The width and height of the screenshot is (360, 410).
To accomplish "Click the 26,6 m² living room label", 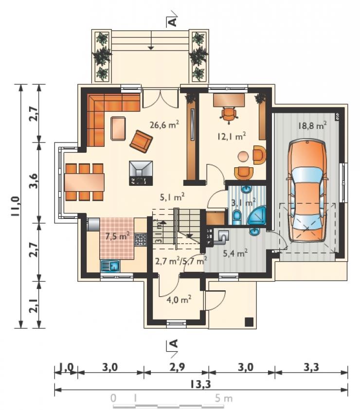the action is click(164, 125).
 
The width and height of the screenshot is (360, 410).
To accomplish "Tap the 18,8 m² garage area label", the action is click(312, 125).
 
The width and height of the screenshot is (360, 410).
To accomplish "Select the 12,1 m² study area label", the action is click(231, 136).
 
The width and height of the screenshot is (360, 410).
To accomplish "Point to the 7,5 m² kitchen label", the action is click(117, 236).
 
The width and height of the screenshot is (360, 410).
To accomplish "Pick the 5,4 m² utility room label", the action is click(235, 253).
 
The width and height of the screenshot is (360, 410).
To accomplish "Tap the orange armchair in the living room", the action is click(141, 141).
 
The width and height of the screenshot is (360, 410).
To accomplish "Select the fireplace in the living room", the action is click(141, 173).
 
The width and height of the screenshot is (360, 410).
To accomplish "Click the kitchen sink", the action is click(110, 266).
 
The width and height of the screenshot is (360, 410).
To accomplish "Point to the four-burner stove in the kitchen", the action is click(141, 239).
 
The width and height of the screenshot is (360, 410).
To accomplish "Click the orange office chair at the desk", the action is click(229, 115).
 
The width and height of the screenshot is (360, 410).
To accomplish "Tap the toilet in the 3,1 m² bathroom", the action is click(237, 217).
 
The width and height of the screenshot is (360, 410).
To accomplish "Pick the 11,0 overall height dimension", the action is click(15, 206).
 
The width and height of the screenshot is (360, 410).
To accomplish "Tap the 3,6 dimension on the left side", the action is click(34, 180).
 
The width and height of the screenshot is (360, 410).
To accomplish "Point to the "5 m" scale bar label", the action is click(224, 398).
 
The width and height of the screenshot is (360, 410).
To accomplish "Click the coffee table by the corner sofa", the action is click(118, 128).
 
